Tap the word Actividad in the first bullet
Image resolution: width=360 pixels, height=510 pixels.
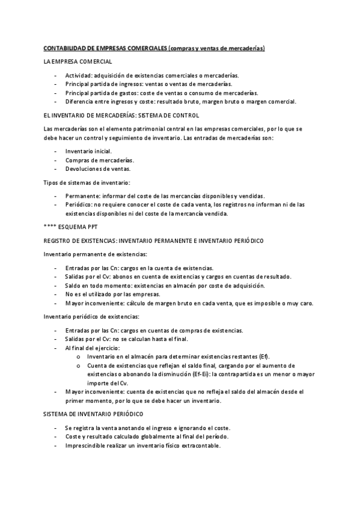(78, 75)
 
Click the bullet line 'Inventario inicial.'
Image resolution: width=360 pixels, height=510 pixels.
(88, 152)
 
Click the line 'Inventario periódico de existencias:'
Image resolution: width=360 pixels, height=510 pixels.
(92, 316)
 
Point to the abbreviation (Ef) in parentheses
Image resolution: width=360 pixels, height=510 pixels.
(263, 357)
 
